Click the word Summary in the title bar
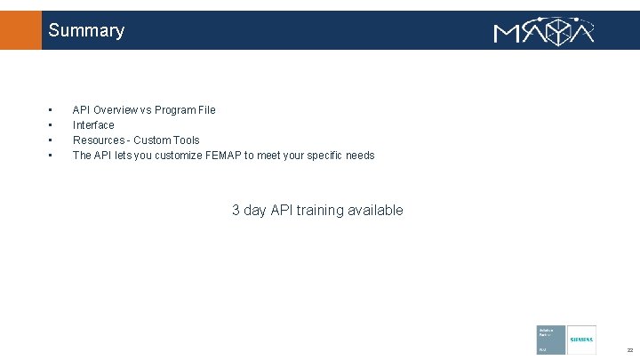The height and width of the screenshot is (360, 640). point(86,30)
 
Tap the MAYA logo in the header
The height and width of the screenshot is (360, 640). point(544,31)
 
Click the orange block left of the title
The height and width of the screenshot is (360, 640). point(20,30)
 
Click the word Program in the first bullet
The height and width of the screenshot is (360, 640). point(174,110)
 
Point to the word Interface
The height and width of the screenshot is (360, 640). point(93,125)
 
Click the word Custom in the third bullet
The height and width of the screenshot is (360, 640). point(152,140)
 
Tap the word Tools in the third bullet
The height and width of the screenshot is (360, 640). point(187,140)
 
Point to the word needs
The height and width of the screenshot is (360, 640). point(358,156)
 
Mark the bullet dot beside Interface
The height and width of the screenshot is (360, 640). point(51,125)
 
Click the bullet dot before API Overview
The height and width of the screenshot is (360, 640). point(51,110)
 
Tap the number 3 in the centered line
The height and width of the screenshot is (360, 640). point(236,211)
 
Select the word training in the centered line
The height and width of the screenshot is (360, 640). point(323,211)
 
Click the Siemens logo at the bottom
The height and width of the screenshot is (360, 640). point(581,340)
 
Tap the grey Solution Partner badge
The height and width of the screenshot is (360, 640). point(550,340)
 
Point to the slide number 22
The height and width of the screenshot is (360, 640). point(628,349)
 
